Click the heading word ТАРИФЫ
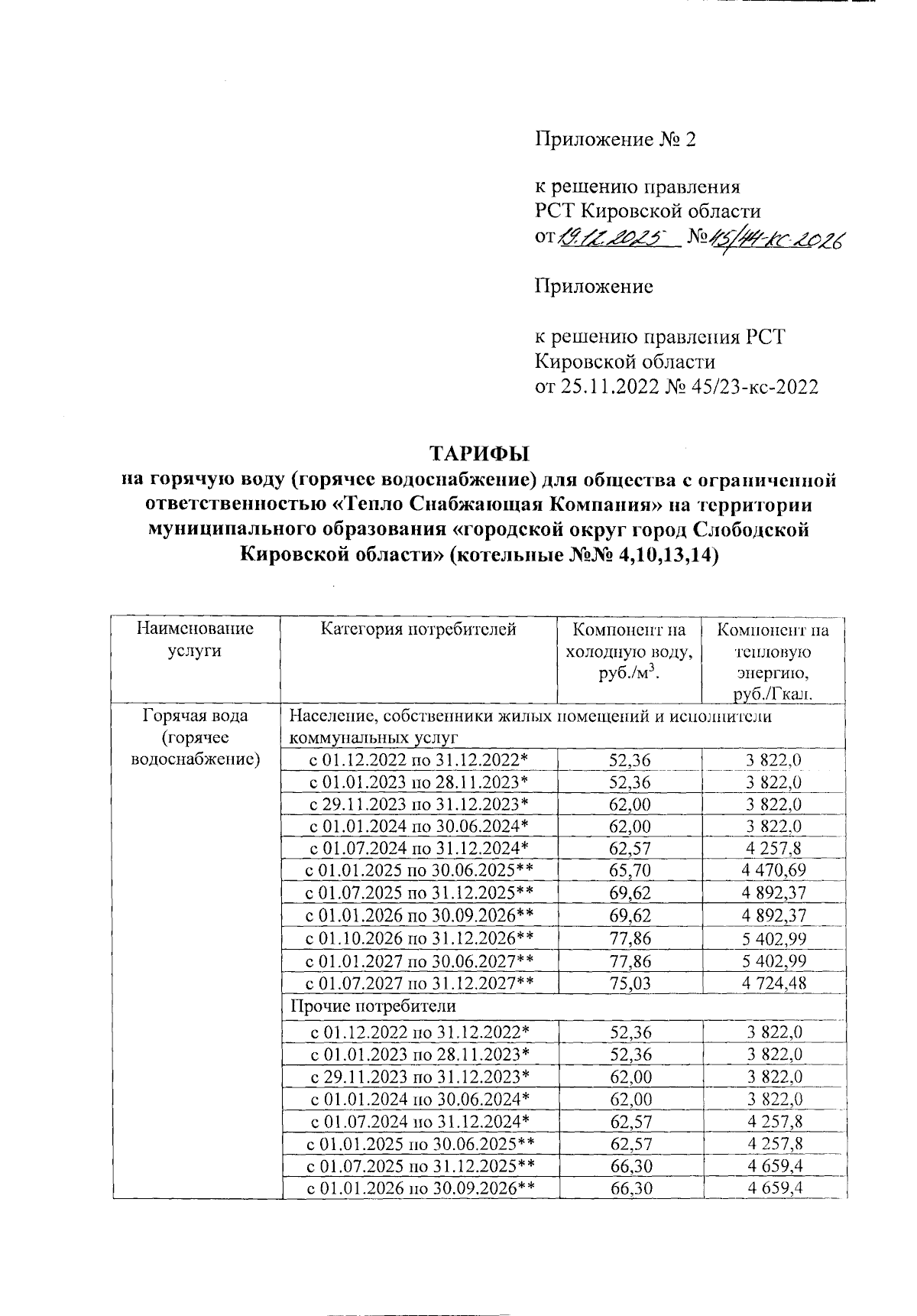tap(478, 453)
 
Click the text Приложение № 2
tap(615, 139)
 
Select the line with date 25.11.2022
tap(676, 387)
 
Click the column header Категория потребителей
tap(419, 630)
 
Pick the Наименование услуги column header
tap(195, 640)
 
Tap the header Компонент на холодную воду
tap(630, 652)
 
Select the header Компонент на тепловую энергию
tap(773, 662)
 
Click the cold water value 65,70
tap(630, 870)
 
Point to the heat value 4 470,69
tap(773, 870)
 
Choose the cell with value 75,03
tap(630, 983)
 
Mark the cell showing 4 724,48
tap(773, 983)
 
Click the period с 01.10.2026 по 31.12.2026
tap(419, 938)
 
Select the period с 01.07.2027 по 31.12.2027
tap(419, 983)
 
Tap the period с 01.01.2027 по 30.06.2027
tap(419, 960)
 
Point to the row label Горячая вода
tap(195, 716)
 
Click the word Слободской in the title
tap(751, 530)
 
